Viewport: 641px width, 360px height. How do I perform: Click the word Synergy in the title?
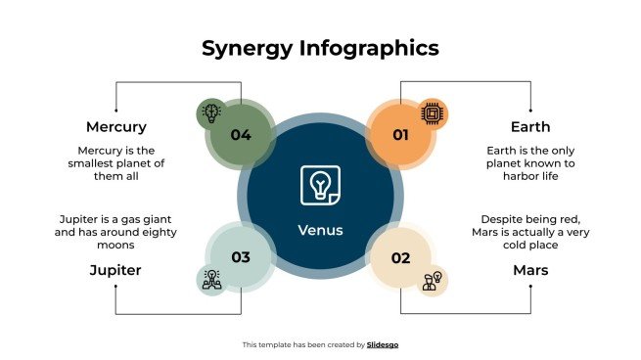click(x=246, y=48)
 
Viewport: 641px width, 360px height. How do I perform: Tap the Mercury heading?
click(x=116, y=126)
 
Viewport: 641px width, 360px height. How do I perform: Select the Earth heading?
click(x=530, y=126)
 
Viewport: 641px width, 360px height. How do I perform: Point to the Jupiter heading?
click(x=116, y=269)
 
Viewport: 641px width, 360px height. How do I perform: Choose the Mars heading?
click(x=530, y=269)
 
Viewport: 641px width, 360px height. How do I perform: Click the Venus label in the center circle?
click(x=320, y=231)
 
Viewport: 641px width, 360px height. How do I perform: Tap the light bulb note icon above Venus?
click(x=320, y=185)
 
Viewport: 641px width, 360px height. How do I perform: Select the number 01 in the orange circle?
click(x=400, y=136)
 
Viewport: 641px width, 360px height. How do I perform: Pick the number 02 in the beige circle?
click(x=400, y=258)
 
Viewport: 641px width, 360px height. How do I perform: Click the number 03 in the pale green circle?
click(x=241, y=258)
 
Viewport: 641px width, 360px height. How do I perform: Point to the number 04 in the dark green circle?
click(x=241, y=136)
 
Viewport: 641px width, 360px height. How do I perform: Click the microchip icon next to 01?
click(x=431, y=114)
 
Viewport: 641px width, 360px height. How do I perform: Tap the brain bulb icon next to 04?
click(x=210, y=112)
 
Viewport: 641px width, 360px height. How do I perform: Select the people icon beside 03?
click(x=210, y=280)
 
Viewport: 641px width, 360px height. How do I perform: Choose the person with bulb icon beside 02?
click(x=432, y=282)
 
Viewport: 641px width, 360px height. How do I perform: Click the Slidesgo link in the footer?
click(x=383, y=344)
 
